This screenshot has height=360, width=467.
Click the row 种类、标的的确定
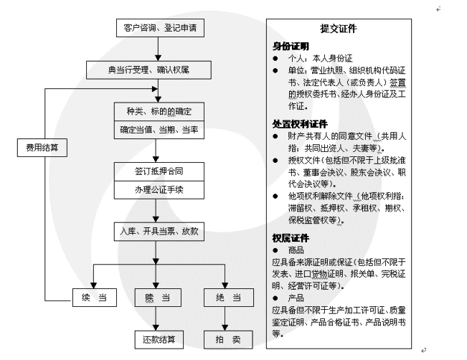tap(159, 112)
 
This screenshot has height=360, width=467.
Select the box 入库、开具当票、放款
tap(159, 232)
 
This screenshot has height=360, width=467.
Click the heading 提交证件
tap(339, 29)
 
